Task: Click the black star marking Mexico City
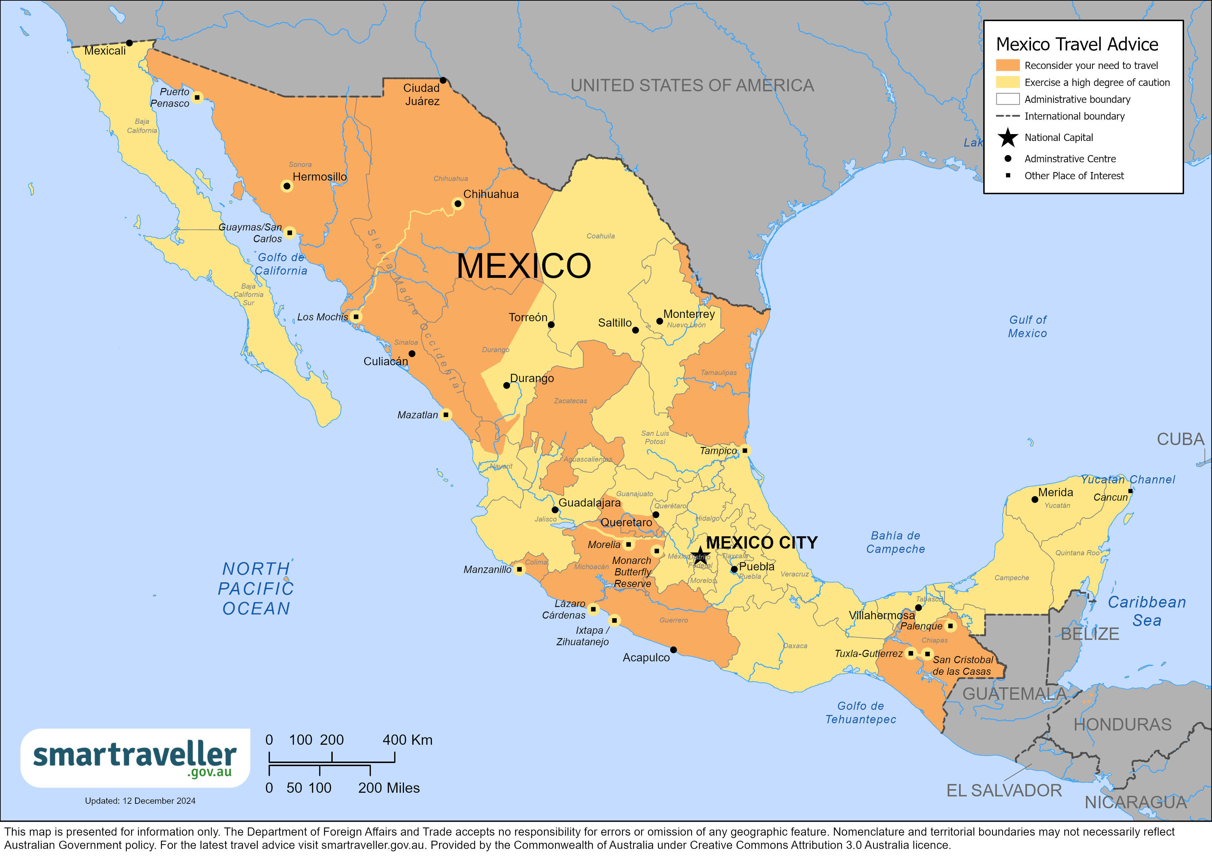pos(699,555)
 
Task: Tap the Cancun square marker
pos(1130,491)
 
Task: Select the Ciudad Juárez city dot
pos(443,80)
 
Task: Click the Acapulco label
pos(646,657)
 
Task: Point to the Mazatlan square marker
pos(446,415)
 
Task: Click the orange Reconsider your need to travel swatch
pos(1007,65)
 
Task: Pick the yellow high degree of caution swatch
pos(1007,82)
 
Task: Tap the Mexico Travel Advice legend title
pos(1077,44)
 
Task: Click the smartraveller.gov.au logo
pos(135,758)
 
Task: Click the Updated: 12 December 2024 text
pos(140,801)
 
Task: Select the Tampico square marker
pos(744,450)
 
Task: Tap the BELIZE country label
pos(1090,634)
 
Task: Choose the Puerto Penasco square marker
pos(197,97)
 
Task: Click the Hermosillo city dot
pos(287,186)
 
